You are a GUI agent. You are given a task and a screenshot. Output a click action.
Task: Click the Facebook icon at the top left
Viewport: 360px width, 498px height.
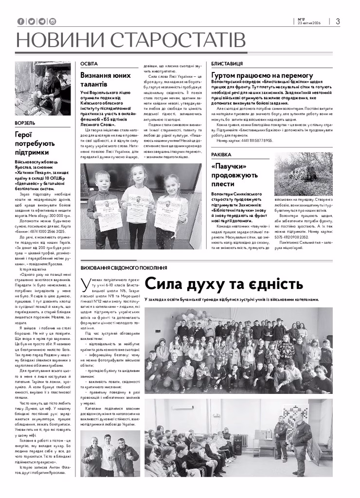coord(20,21)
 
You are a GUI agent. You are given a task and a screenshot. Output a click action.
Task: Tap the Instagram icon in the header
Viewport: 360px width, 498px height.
coord(53,21)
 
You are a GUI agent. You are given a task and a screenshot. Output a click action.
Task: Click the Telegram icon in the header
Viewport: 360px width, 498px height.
coord(42,21)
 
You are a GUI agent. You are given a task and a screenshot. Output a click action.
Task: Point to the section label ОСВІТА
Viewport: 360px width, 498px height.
coord(89,64)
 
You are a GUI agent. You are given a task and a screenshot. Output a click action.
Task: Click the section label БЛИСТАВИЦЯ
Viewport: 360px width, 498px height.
coord(227,64)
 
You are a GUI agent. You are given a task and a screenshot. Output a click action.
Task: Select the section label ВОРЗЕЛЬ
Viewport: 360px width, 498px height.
coord(25,123)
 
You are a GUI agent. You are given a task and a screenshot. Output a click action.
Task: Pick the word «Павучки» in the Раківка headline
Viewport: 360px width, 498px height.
coord(228,167)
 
